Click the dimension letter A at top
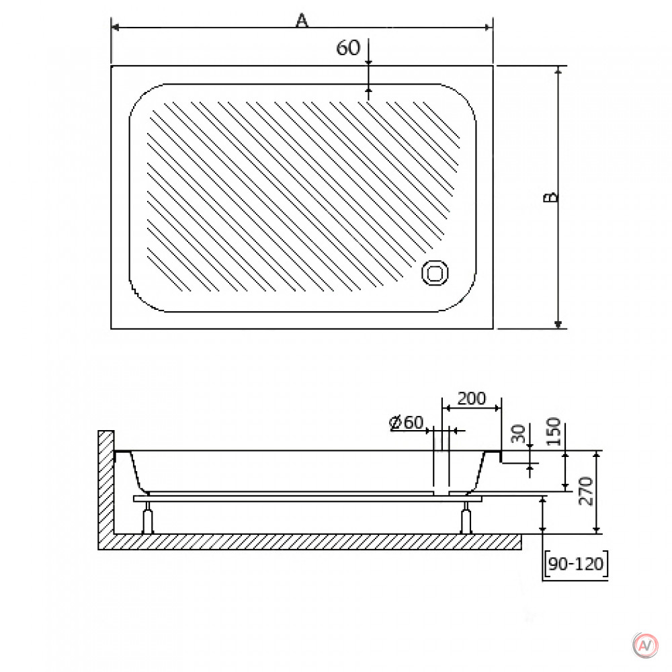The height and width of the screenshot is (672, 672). [302, 19]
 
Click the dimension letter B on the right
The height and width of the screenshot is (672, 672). [551, 197]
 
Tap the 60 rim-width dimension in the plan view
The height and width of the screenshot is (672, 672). [348, 48]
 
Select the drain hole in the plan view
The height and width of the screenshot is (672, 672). [435, 273]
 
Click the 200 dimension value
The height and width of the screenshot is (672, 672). [472, 398]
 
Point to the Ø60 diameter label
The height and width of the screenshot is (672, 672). [407, 423]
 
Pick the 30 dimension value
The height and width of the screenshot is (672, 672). [518, 433]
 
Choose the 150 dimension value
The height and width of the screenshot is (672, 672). [554, 431]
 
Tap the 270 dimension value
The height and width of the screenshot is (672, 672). [585, 491]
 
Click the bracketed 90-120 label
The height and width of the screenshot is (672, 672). [576, 564]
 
